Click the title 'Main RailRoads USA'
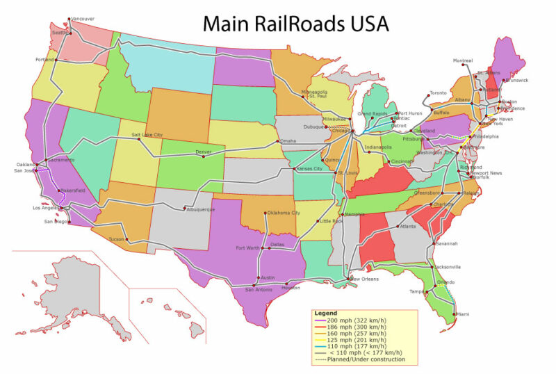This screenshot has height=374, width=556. pyautogui.click(x=295, y=23)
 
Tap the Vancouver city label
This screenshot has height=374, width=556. pyautogui.click(x=83, y=19)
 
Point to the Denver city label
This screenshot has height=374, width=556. pyautogui.click(x=203, y=152)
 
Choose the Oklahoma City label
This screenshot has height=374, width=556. pyautogui.click(x=283, y=213)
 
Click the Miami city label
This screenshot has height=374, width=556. pyautogui.click(x=462, y=315)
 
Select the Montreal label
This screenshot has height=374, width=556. pyautogui.click(x=463, y=60)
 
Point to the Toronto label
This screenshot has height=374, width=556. pyautogui.click(x=438, y=93)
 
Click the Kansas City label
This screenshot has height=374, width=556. pyautogui.click(x=309, y=169)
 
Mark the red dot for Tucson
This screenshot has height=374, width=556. pyautogui.click(x=127, y=240)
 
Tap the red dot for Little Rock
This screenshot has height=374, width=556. pyautogui.click(x=317, y=222)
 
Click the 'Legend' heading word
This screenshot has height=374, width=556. pyautogui.click(x=325, y=313)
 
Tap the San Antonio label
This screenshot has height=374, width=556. pyautogui.click(x=259, y=290)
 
